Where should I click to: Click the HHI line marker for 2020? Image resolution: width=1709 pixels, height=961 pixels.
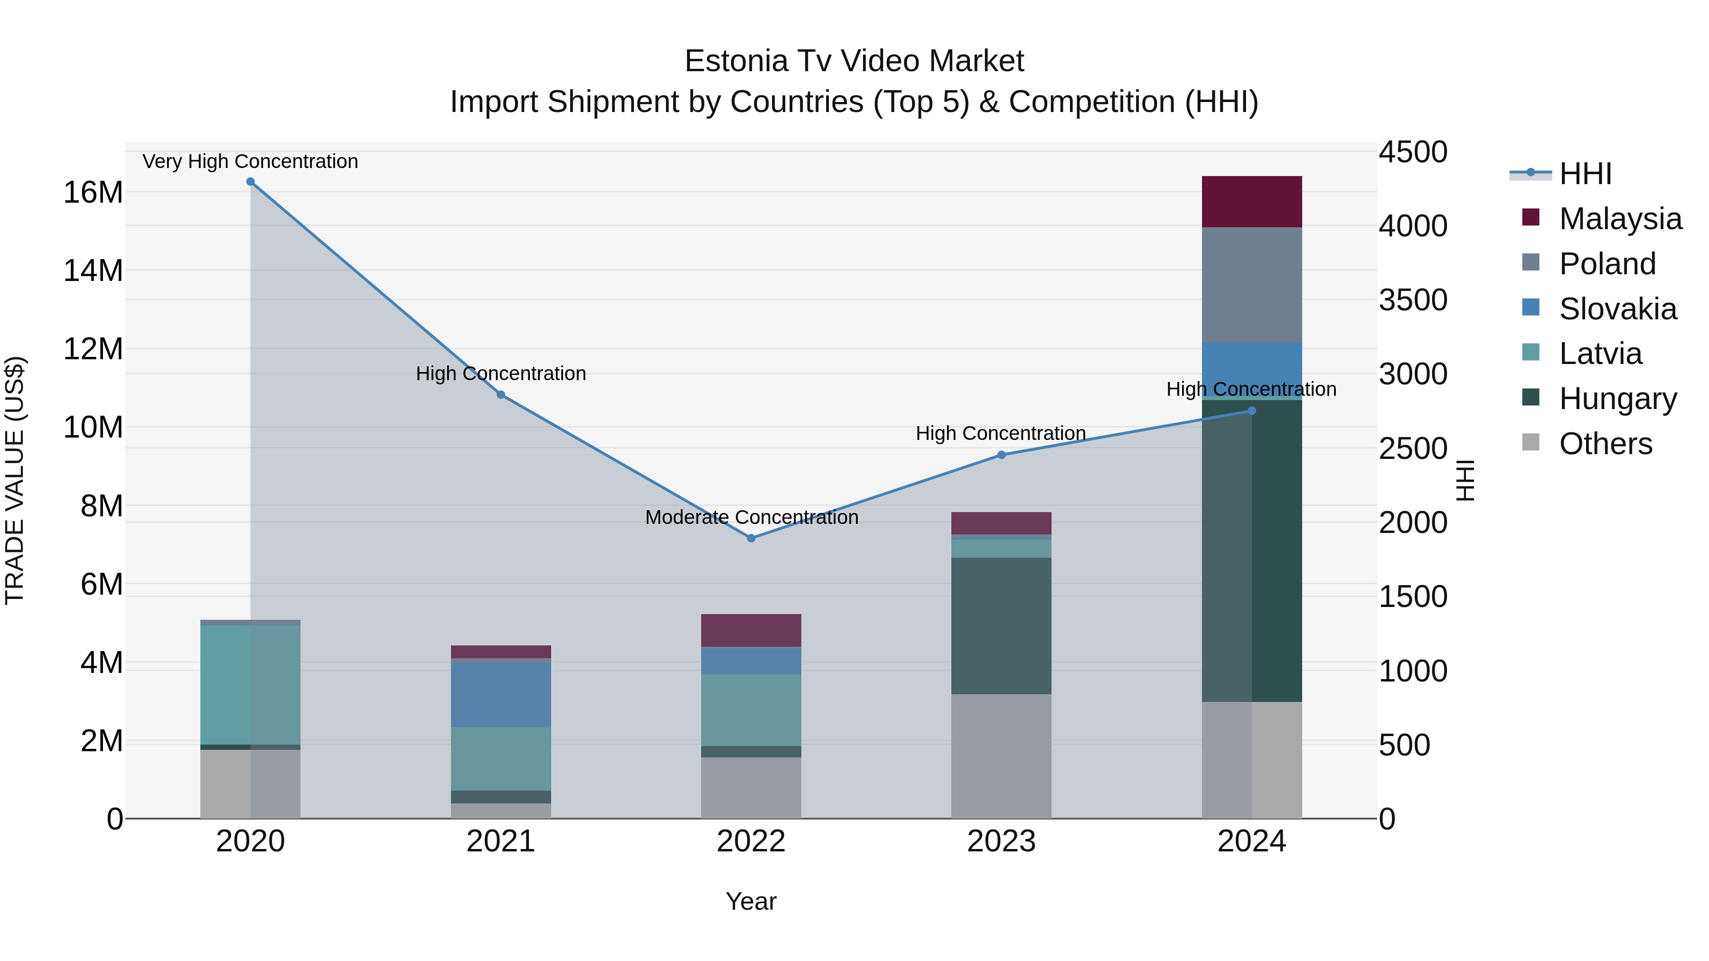tap(250, 182)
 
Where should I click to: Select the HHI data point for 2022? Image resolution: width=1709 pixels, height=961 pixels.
tap(751, 539)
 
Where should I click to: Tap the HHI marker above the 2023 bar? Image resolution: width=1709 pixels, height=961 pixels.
tap(1001, 455)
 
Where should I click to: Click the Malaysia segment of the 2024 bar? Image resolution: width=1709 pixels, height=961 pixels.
tap(1251, 202)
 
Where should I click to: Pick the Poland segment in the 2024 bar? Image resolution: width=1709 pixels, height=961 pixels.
tap(1251, 285)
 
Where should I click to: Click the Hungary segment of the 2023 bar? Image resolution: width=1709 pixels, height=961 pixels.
tap(1001, 625)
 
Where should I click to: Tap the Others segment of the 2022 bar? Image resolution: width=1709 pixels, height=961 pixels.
tap(751, 787)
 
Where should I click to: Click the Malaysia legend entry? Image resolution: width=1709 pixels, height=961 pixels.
tap(1619, 219)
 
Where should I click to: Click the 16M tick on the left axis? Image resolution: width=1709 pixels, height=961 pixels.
tap(93, 192)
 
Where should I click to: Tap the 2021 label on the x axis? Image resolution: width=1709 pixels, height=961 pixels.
tap(501, 841)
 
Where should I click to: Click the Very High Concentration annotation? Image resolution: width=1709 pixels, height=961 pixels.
tap(250, 161)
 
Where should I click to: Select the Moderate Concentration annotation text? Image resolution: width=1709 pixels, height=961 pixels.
tap(751, 517)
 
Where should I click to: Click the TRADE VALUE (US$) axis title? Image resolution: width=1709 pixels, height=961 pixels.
tap(15, 480)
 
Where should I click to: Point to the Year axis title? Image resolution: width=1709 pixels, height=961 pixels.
tap(751, 901)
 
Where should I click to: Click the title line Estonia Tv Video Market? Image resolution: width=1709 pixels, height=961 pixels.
tap(854, 61)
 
